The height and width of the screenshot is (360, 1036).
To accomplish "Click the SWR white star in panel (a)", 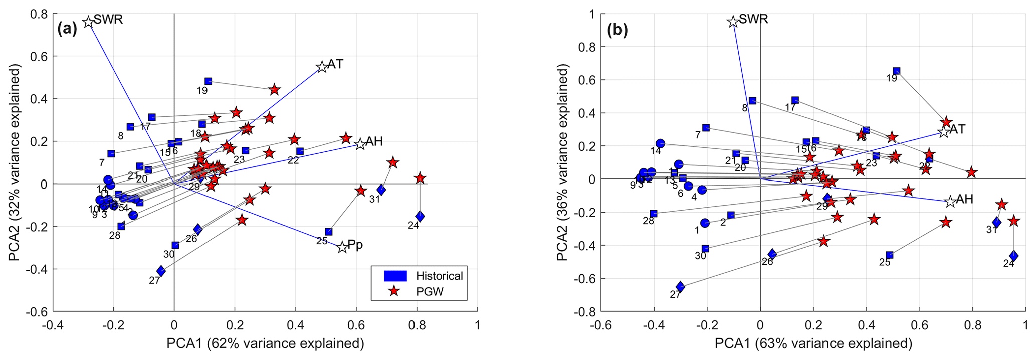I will [88, 22].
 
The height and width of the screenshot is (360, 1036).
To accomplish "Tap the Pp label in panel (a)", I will [355, 246].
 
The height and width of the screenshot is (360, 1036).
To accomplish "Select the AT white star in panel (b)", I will [944, 132].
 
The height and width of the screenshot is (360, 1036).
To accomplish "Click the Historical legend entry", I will [439, 276].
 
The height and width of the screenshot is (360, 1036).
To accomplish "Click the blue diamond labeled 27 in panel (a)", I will [161, 271].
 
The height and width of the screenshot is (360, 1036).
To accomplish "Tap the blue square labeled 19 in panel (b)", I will [897, 71].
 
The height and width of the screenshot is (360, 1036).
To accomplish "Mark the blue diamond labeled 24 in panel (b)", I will [1014, 256].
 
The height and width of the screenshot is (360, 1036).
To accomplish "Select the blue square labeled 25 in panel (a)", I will [329, 232].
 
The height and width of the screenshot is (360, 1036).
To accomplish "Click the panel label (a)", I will [67, 29].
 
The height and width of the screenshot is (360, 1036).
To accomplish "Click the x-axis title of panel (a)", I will [265, 344].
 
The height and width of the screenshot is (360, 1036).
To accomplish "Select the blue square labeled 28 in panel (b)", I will [654, 214].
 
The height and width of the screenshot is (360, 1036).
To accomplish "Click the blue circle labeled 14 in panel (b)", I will [660, 144].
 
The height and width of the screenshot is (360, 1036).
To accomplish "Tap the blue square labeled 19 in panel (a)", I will [209, 81].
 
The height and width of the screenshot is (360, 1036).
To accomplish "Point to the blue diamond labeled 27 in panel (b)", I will [680, 286].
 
